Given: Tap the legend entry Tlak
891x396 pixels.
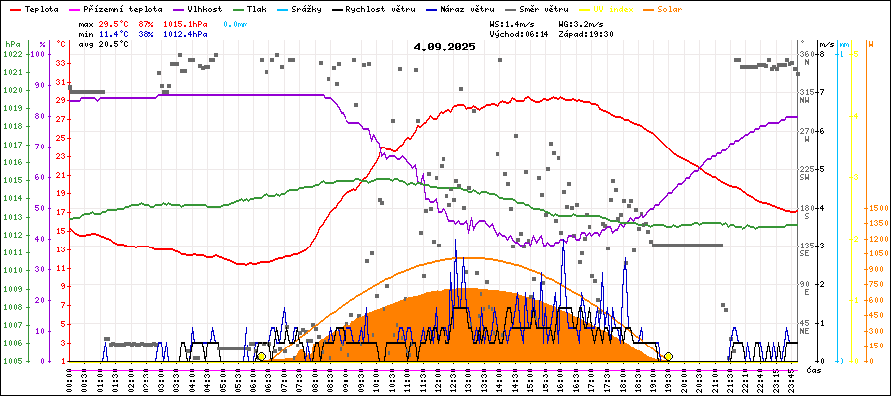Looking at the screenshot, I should coord(268,8).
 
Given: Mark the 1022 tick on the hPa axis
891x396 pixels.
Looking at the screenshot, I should coord(12,54).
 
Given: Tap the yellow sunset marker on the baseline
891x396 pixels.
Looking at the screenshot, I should coord(668,356).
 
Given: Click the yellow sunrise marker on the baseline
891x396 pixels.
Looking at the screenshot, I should coord(261,356).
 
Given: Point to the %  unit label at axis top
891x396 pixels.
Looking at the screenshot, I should coord(42,45).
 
